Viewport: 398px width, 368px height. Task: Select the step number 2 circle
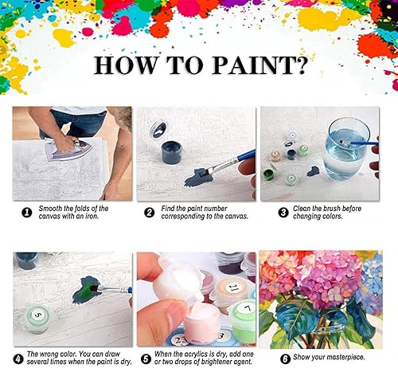pyautogui.click(x=148, y=213)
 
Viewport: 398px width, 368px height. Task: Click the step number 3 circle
pyautogui.click(x=272, y=213)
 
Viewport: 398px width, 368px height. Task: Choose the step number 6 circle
pyautogui.click(x=272, y=354)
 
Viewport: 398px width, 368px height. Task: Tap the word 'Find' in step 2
pyautogui.click(x=169, y=208)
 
